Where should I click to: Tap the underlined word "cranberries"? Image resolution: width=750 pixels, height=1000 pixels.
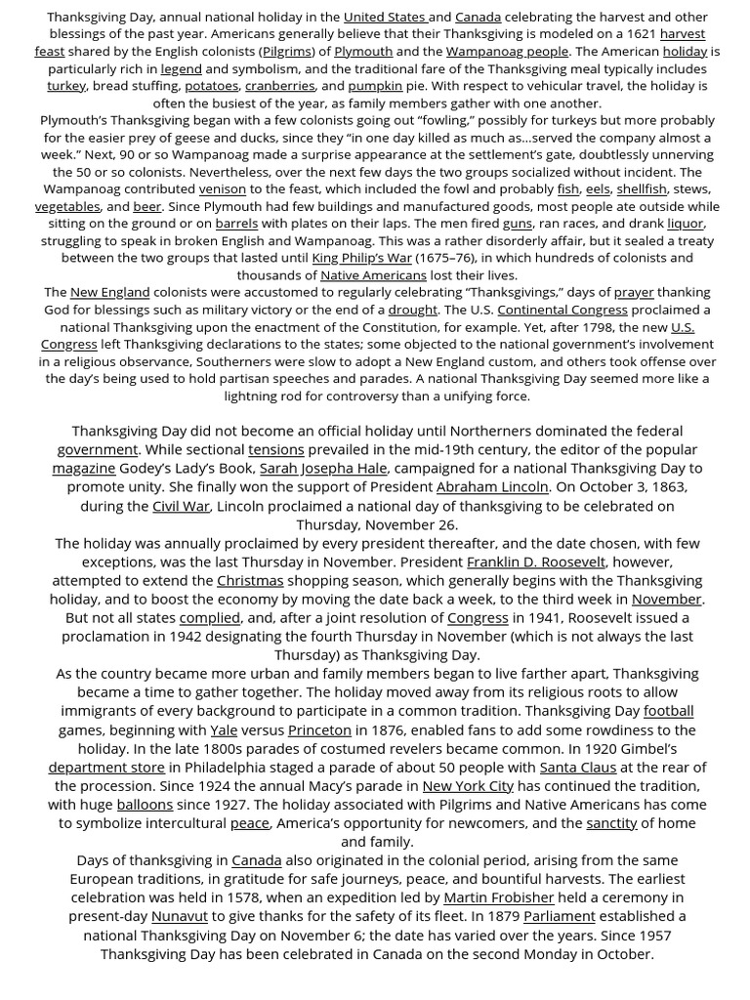tap(279, 86)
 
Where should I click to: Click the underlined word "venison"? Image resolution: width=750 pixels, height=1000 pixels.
tap(223, 188)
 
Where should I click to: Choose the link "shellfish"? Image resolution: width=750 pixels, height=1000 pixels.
tap(642, 188)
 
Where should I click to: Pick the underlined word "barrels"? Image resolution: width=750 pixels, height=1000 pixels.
tap(236, 223)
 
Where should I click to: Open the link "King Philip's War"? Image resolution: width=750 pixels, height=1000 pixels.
tap(361, 258)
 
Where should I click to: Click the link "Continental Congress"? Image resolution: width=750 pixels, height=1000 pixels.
tap(562, 310)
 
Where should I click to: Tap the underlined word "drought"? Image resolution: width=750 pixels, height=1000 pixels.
tap(413, 310)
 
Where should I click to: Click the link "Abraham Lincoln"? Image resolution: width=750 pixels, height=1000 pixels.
tap(493, 486)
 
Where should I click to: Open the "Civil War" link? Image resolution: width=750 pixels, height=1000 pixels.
tap(181, 506)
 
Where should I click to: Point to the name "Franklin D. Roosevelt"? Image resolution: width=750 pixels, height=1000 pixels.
tap(536, 562)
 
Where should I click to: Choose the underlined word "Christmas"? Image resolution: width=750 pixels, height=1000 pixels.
tap(250, 580)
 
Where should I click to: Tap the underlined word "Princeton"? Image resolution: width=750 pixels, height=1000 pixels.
tap(319, 729)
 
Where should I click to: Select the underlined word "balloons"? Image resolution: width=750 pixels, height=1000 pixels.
tap(145, 804)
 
